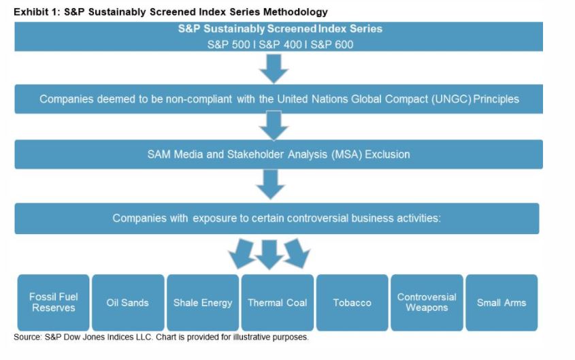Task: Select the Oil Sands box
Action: click(x=127, y=302)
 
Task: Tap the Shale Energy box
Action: click(x=203, y=302)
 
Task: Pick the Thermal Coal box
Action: click(x=277, y=302)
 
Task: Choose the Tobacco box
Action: click(x=352, y=302)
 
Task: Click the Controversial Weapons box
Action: click(x=427, y=302)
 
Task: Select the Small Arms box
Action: click(x=502, y=302)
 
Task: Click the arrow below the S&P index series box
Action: click(x=274, y=68)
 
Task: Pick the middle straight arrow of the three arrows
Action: click(x=269, y=253)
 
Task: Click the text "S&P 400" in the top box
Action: click(x=280, y=44)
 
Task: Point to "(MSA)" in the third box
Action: click(x=347, y=154)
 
